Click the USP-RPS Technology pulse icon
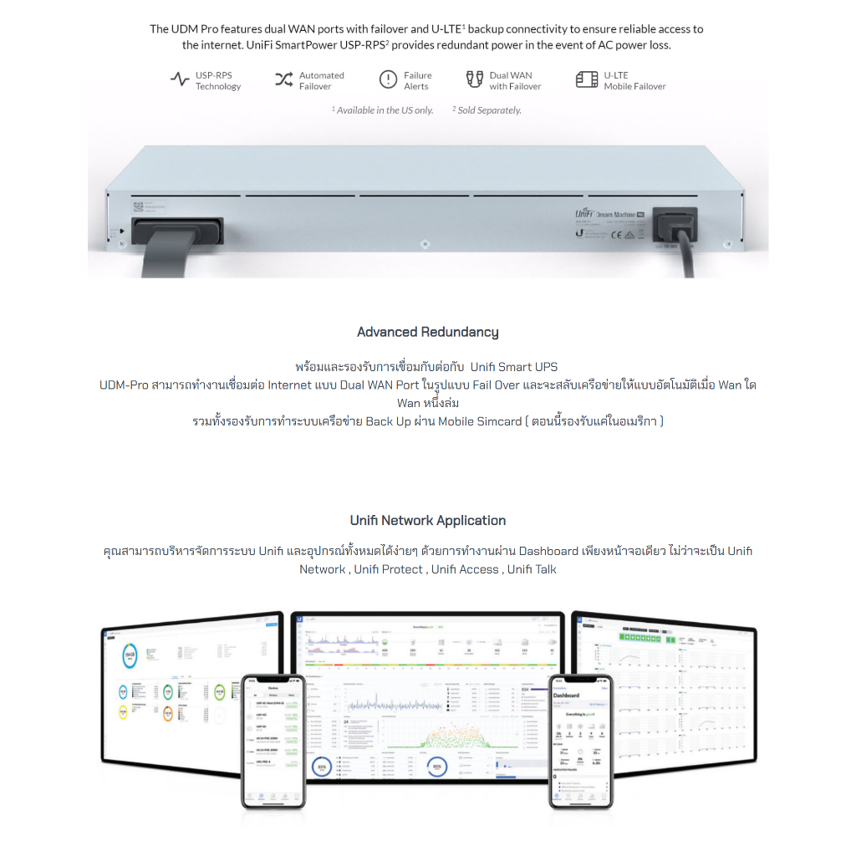[180, 80]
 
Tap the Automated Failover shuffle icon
[284, 80]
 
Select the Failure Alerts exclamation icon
[388, 80]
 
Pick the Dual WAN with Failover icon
[475, 80]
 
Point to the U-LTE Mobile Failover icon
[587, 80]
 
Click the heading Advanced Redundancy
[427, 332]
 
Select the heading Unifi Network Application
[427, 520]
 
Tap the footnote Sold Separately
[488, 110]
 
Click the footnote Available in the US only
[385, 110]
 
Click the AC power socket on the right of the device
[674, 223]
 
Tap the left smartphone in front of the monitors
[273, 741]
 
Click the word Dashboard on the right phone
[566, 695]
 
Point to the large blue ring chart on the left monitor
[130, 656]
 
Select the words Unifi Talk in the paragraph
[532, 569]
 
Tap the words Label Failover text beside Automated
[315, 86]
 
